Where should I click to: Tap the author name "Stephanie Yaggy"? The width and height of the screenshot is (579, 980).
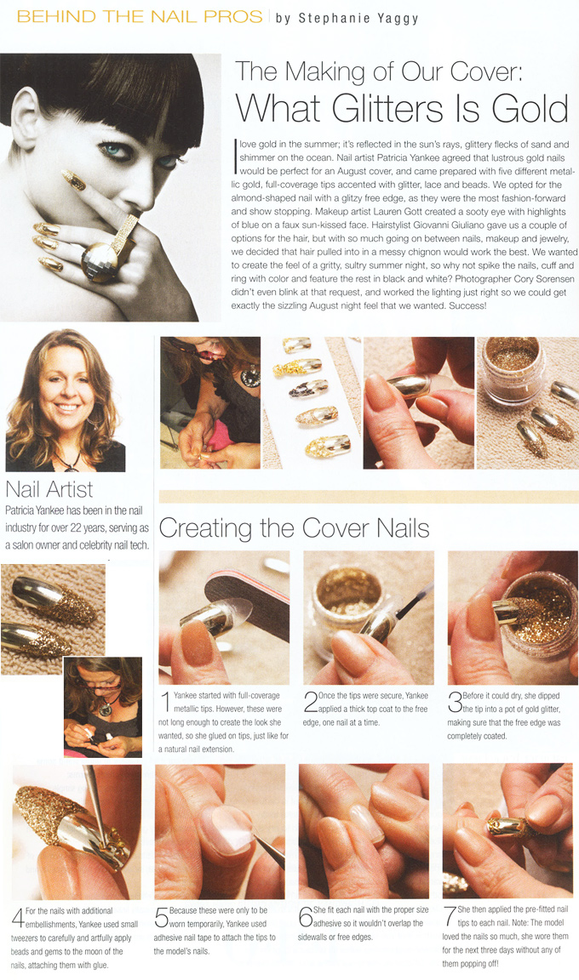(358, 18)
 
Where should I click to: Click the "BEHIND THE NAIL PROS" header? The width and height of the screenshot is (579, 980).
(140, 16)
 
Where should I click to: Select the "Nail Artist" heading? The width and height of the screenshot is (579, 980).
(49, 489)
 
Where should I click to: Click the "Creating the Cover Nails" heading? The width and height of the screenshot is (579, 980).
(294, 529)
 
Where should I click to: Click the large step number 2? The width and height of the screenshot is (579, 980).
(310, 702)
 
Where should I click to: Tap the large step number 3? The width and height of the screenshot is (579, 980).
(455, 702)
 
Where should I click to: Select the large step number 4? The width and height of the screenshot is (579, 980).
(18, 918)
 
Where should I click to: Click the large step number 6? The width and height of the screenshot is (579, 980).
(306, 917)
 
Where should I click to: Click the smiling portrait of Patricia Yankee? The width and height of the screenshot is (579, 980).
(65, 401)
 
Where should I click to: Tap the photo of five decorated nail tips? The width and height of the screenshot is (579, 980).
(312, 402)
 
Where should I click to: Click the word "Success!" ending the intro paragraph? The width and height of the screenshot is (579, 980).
(467, 305)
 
